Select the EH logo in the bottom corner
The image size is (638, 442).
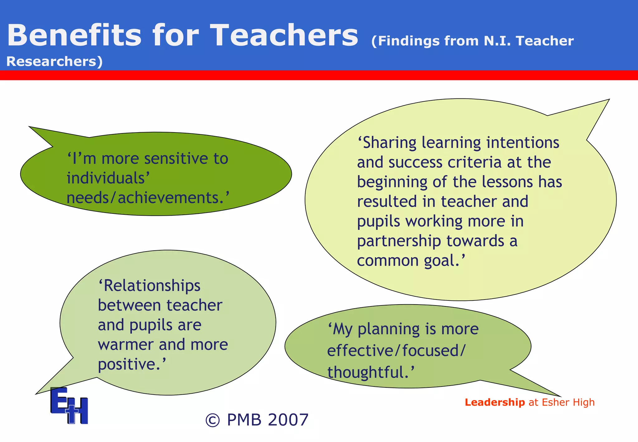click(69, 406)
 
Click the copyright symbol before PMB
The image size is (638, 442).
click(213, 420)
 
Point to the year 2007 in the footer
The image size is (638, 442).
click(288, 420)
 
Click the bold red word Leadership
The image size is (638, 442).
click(495, 402)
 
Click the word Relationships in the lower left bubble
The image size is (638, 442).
click(150, 286)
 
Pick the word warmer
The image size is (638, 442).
click(126, 344)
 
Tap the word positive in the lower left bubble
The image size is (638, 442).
click(129, 364)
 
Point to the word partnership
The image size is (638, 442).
click(399, 241)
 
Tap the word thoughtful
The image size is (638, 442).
click(368, 372)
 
